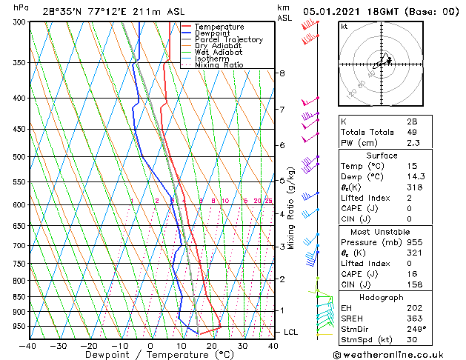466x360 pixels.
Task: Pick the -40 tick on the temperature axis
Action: (x=28, y=345)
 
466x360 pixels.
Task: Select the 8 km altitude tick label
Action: (x=282, y=73)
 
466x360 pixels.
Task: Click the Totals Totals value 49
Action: (x=412, y=132)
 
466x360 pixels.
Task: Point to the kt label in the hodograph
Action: (x=344, y=27)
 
